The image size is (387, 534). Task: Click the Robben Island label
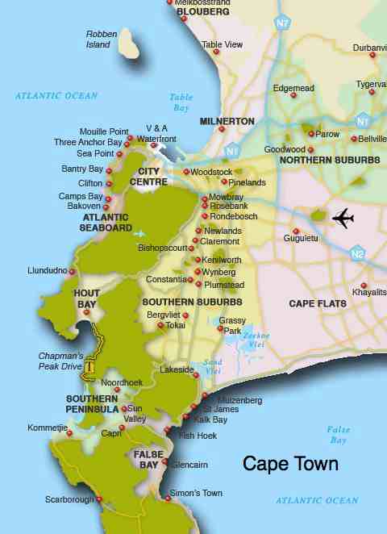point(101,39)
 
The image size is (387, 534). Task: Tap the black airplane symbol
point(343,218)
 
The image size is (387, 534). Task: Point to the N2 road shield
point(358,253)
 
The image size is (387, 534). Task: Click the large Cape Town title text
point(290,464)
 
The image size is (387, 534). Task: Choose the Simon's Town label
point(196,493)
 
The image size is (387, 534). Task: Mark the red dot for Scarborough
point(99,499)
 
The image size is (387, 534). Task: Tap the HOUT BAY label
point(86,298)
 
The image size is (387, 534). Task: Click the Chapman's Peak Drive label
point(60,361)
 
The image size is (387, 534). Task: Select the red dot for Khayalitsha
point(364,285)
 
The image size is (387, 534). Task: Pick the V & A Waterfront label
point(156,134)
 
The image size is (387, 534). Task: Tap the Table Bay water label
point(181,102)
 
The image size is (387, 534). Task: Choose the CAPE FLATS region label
point(318,304)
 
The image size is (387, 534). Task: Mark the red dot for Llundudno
point(72,271)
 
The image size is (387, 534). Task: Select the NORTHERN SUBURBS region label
point(329,161)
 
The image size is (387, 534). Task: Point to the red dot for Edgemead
point(293,95)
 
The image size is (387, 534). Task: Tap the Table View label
point(223,44)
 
